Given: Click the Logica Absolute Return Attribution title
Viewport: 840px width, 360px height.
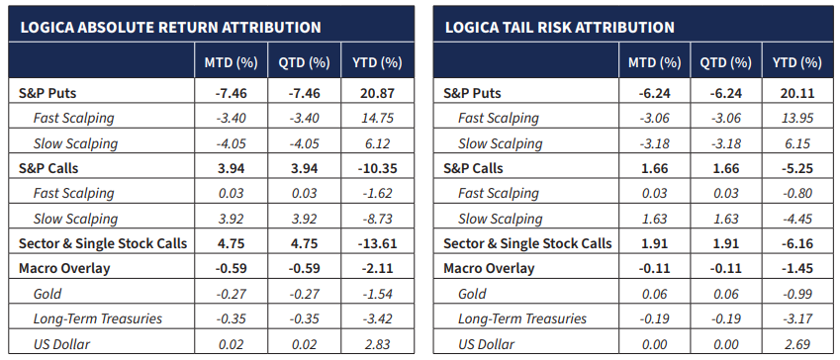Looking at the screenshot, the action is click(x=170, y=28).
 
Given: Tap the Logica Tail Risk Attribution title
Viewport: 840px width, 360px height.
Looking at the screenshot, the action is click(x=559, y=28).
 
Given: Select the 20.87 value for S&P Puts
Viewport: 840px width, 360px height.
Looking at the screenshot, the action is click(x=377, y=93).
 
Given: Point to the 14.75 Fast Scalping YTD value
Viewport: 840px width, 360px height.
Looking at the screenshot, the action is click(x=377, y=118).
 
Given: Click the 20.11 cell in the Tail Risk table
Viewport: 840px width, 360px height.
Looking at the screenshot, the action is click(x=796, y=93).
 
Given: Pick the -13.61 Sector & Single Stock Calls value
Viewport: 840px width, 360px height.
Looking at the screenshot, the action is click(x=377, y=243).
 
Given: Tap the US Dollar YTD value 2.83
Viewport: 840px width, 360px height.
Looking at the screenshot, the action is click(x=377, y=344).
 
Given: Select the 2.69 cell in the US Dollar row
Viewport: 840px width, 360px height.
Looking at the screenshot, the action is click(x=796, y=344).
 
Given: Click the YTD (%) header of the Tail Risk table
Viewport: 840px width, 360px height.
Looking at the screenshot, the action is click(x=796, y=62).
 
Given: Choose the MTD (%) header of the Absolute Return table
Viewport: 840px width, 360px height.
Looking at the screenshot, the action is click(x=231, y=62).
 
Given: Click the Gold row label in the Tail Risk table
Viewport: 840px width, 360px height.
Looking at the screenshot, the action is click(x=472, y=294).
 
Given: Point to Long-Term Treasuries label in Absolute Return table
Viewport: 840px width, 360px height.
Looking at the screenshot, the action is click(x=98, y=318).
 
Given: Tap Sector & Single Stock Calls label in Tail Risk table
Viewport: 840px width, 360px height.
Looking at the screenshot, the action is click(x=527, y=243).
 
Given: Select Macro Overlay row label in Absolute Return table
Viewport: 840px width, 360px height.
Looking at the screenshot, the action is click(x=64, y=268).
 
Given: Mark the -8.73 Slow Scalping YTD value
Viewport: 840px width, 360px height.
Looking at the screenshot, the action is click(x=377, y=219).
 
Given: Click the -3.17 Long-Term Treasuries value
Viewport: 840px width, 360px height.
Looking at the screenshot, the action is click(x=796, y=318).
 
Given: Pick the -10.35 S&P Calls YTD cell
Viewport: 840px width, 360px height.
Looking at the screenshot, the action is click(x=377, y=168).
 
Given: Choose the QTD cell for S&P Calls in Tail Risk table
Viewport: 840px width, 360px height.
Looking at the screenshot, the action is click(x=726, y=168).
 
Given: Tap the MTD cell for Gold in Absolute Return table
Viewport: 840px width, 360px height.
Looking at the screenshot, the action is click(x=231, y=294).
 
